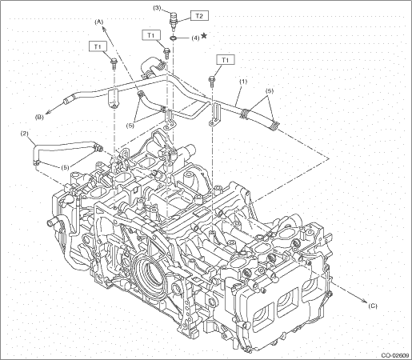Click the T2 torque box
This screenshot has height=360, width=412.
click(x=199, y=16)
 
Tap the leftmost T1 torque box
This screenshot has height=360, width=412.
click(x=98, y=46)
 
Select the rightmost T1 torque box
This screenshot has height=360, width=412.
click(x=226, y=60)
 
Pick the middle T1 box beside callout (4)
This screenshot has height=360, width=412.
click(x=151, y=35)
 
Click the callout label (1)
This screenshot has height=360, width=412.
click(x=243, y=82)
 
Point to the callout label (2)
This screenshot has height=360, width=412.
click(x=25, y=134)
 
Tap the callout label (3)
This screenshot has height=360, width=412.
click(x=157, y=8)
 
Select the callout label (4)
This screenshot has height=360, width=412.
click(x=195, y=38)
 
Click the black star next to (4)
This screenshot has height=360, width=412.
click(x=204, y=35)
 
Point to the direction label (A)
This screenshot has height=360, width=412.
click(x=98, y=22)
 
